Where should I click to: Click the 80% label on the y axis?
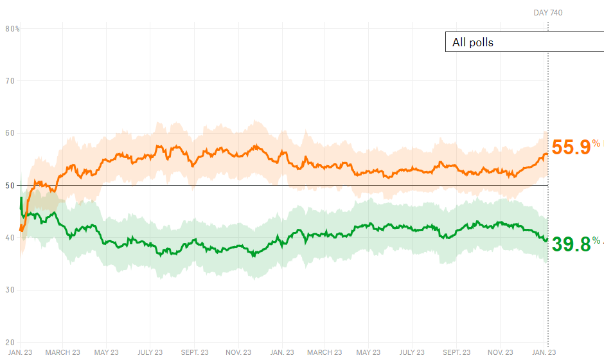[12, 29]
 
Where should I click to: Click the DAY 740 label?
[547, 13]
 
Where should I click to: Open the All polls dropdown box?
[524, 42]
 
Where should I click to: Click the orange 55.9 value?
[571, 148]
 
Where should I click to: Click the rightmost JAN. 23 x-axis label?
[544, 352]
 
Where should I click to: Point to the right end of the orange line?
[547, 154]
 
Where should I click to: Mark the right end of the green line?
[547, 239]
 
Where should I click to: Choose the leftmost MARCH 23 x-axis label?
[63, 352]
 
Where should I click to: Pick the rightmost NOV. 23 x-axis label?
[500, 352]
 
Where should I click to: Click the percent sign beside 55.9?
[596, 143]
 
